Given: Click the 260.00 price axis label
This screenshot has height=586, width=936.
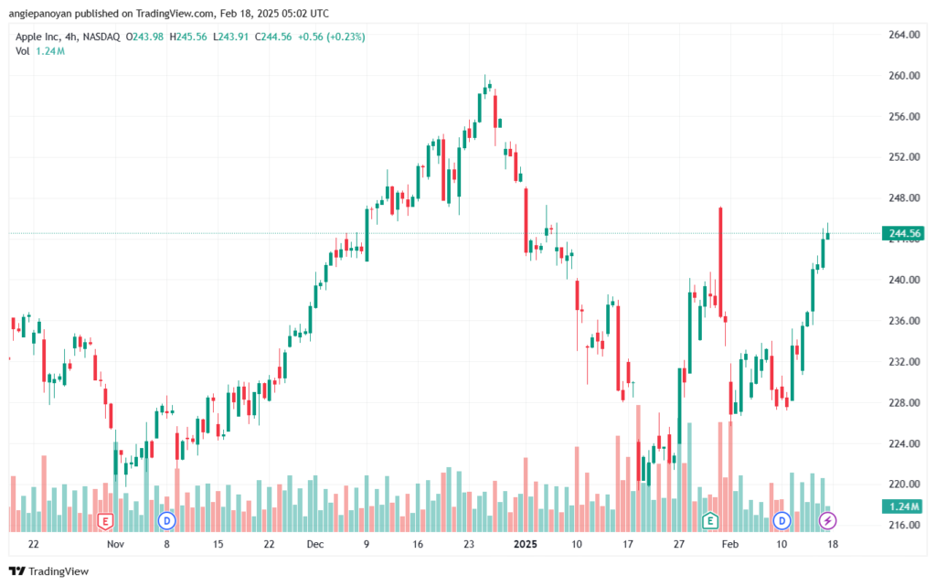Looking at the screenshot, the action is tap(904, 76).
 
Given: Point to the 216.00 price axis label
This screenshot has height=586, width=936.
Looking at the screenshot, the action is tap(904, 525).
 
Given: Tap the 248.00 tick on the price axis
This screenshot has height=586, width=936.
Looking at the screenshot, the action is tap(904, 198).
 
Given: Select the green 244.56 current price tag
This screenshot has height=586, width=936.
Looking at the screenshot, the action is tap(903, 233).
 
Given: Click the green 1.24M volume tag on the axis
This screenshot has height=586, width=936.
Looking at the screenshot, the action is tap(903, 506).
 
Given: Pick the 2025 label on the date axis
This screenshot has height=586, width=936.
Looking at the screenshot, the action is tap(526, 544).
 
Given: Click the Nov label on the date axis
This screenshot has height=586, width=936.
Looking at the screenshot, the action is tap(115, 544).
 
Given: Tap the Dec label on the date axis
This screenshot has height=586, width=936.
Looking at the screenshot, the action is tap(314, 544).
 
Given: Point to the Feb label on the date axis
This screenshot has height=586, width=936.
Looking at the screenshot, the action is tap(729, 544).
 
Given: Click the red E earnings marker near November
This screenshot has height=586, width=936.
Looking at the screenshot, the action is tap(105, 522).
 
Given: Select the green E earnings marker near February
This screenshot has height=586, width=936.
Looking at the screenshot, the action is tap(709, 521).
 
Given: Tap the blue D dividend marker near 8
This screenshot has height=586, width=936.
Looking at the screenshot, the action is tap(166, 521).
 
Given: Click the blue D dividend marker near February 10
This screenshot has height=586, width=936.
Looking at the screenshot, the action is tap(782, 521).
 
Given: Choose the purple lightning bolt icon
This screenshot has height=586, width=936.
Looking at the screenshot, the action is tap(826, 521).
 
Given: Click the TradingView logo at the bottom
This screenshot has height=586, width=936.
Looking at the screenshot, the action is tap(49, 571).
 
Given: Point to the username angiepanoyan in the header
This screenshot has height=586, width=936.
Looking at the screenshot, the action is tap(40, 14).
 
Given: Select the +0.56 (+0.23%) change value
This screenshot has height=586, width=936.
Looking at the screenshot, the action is tap(331, 37).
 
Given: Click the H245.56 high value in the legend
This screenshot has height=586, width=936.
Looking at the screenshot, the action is tap(188, 37).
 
